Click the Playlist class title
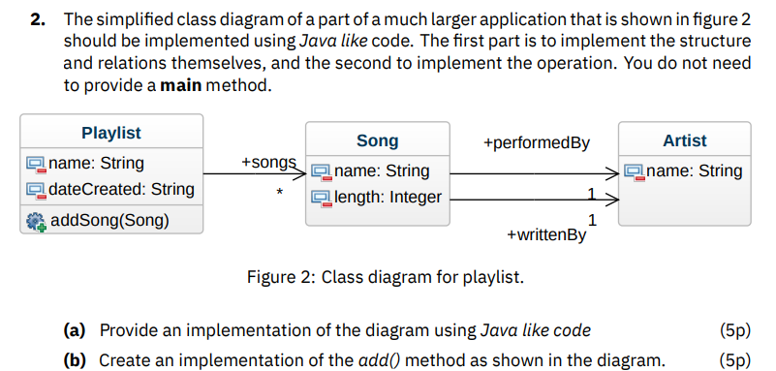pyautogui.click(x=110, y=133)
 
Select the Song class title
pyautogui.click(x=377, y=141)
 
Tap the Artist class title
pyautogui.click(x=684, y=140)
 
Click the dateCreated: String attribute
pyautogui.click(x=121, y=189)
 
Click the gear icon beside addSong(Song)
pyautogui.click(x=37, y=221)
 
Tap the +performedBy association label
pyautogui.click(x=536, y=143)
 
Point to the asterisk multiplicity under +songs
pyautogui.click(x=279, y=194)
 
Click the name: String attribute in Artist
pyautogui.click(x=694, y=170)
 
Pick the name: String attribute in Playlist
pyautogui.click(x=96, y=162)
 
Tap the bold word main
pyautogui.click(x=182, y=84)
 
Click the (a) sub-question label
pyautogui.click(x=75, y=330)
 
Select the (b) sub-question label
pyautogui.click(x=75, y=359)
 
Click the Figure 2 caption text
pyautogui.click(x=385, y=278)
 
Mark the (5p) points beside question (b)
pyautogui.click(x=735, y=359)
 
